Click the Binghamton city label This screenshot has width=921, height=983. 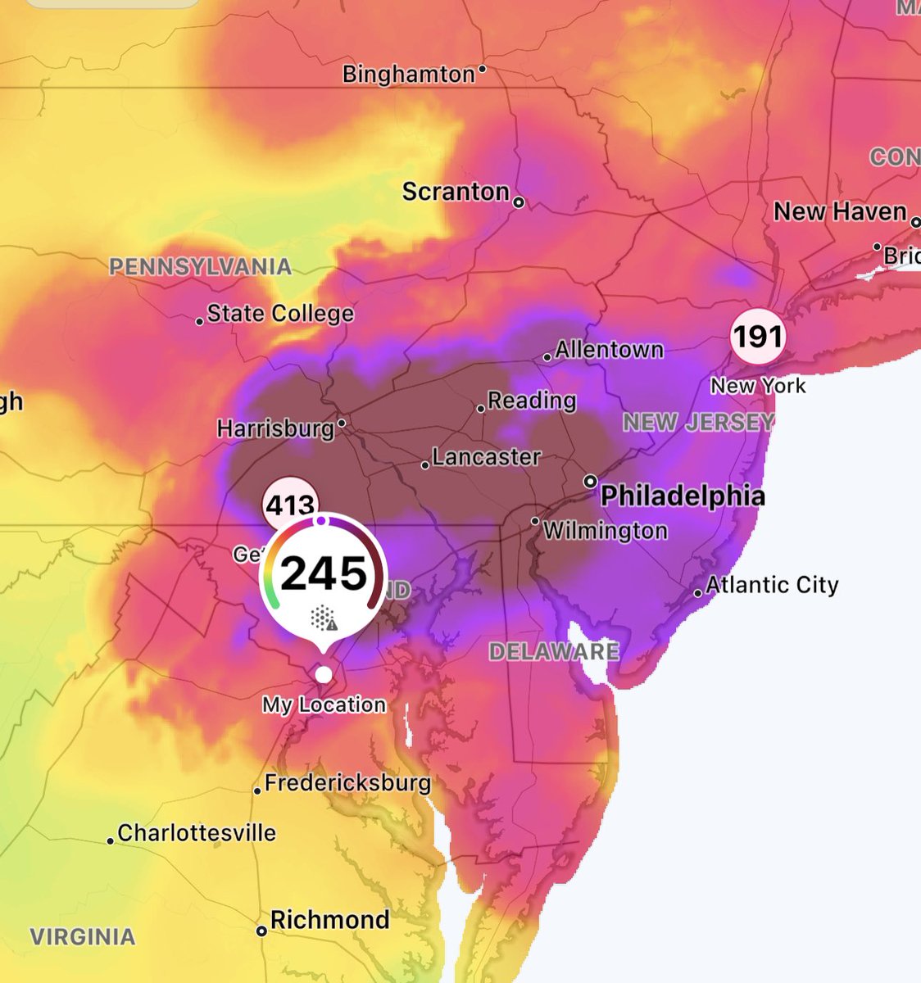pos(408,75)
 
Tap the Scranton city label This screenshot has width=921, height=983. pos(456,192)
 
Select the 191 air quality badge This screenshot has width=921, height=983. pos(758,337)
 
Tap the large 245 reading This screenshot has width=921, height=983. pos(324,573)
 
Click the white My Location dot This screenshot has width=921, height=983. pos(324,674)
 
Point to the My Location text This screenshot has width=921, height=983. pos(324,704)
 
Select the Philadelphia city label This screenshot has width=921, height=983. pos(683,496)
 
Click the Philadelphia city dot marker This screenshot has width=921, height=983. pos(590,482)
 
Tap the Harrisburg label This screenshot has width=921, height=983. pos(275,428)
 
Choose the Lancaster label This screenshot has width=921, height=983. pos(486,457)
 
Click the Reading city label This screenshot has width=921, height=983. pos(532,401)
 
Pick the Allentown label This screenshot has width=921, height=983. pos(609,350)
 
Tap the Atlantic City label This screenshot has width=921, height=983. pos(772,585)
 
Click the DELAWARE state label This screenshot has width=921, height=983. pos(554,652)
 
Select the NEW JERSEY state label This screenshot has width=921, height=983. pos(698,423)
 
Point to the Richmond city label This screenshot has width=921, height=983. pos(329,920)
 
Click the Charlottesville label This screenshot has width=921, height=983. pos(197,833)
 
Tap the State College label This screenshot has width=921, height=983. pos(280,314)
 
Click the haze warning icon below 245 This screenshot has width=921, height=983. pos(324,618)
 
